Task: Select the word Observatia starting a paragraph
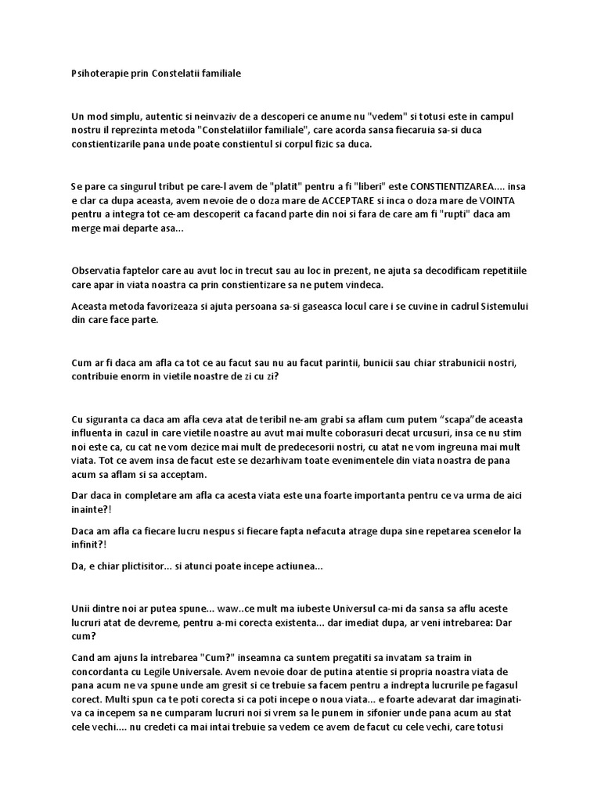[98, 271]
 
